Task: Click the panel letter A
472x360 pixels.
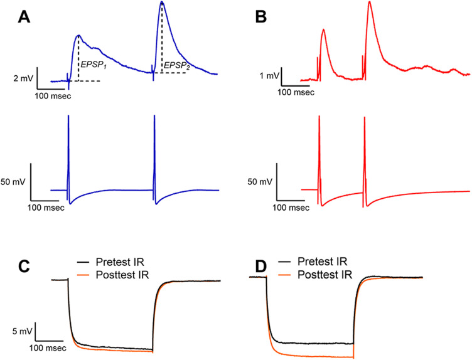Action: click(24, 18)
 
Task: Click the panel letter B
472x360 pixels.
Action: click(260, 18)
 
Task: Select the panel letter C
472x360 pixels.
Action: click(24, 267)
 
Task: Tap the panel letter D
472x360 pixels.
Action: click(260, 267)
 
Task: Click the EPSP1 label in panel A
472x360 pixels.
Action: click(94, 65)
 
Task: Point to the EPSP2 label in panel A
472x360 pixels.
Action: click(177, 66)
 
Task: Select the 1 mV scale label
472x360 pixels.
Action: click(269, 76)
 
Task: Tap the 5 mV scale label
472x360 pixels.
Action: click(22, 332)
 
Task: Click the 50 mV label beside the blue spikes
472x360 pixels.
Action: click(13, 182)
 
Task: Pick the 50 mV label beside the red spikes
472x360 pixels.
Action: click(260, 182)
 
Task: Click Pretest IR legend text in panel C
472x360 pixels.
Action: click(120, 262)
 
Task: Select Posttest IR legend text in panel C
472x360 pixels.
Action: click(122, 275)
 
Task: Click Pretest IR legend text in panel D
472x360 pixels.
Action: click(323, 262)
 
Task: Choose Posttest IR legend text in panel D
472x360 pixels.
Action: click(324, 275)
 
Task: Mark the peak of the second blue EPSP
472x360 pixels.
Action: click(162, 2)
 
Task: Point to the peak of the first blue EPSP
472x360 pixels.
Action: click(79, 36)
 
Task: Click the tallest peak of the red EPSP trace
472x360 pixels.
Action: click(369, 2)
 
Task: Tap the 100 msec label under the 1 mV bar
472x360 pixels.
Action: click(296, 92)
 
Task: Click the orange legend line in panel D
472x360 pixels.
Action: click(285, 275)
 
